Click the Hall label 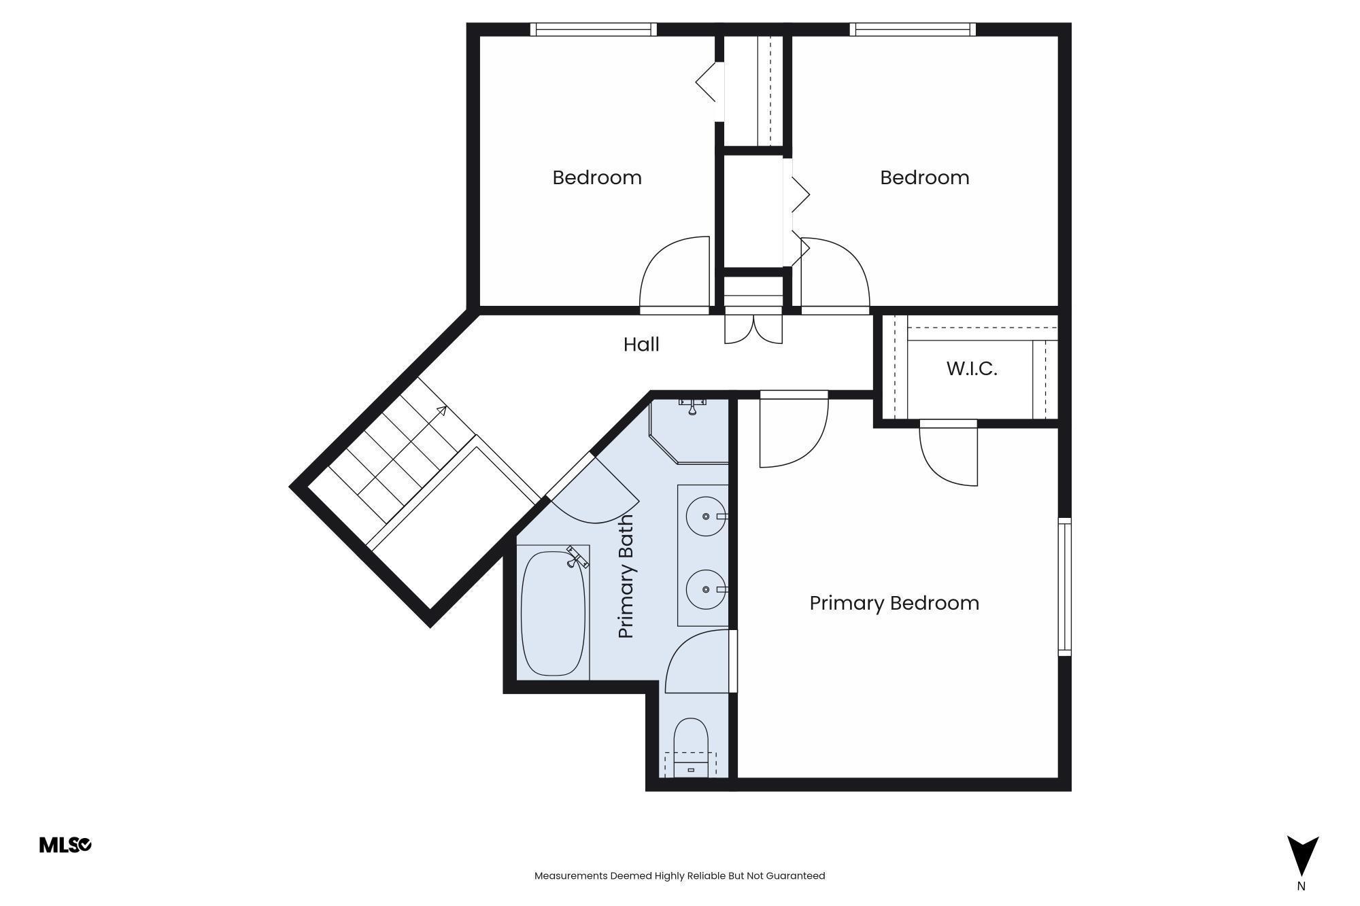pos(641,345)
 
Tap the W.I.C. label pos(972,369)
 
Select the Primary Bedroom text pos(894,603)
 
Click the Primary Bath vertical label pos(626,576)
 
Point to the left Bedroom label pos(597,177)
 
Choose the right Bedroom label pos(925,177)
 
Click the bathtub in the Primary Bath pos(553,613)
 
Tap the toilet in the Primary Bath pos(691,748)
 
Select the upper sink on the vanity pos(706,517)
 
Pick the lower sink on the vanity pos(706,589)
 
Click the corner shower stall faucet pos(692,406)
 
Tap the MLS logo pos(65,845)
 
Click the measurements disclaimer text pos(679,875)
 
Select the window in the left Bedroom pos(594,29)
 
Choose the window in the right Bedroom pos(913,29)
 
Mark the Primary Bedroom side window pos(1065,587)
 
